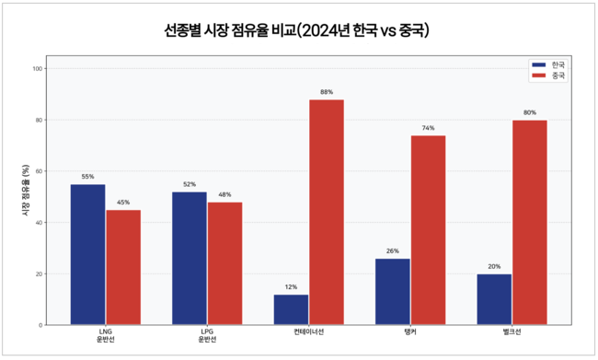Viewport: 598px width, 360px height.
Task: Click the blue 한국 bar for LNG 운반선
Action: pyautogui.click(x=87, y=254)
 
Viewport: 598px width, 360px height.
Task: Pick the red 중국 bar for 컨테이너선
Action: pyautogui.click(x=327, y=212)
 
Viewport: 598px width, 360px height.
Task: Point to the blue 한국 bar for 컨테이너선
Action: pyautogui.click(x=291, y=309)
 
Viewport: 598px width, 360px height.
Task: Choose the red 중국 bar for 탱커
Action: pyautogui.click(x=428, y=230)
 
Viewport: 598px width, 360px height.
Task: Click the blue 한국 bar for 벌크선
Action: pyautogui.click(x=494, y=299)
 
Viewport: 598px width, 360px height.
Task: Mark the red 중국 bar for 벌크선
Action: pyautogui.click(x=530, y=222)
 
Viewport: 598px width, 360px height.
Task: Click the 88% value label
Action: pyautogui.click(x=327, y=92)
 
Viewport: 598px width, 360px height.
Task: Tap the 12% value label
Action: pyautogui.click(x=291, y=287)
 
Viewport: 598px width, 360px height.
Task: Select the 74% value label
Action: pyautogui.click(x=428, y=128)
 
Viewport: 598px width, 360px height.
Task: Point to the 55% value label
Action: pyautogui.click(x=87, y=177)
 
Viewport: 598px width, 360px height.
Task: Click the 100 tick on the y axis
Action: pyautogui.click(x=37, y=68)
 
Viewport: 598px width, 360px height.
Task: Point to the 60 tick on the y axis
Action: pyautogui.click(x=39, y=171)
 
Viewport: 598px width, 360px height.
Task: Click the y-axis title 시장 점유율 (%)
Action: pyautogui.click(x=25, y=196)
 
